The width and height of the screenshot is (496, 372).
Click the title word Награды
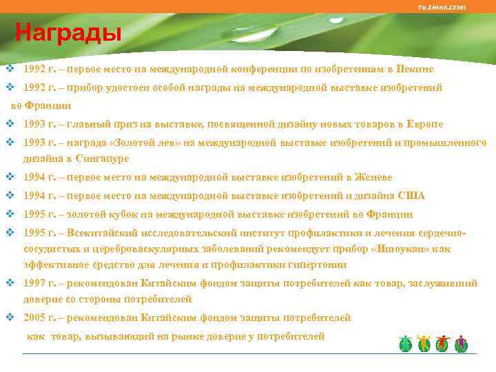[x=68, y=32]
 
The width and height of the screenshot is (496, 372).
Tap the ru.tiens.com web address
[x=442, y=7]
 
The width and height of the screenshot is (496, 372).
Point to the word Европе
[x=426, y=124]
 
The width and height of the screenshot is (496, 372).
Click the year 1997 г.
[x=38, y=283]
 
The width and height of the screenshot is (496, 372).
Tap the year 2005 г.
[x=38, y=318]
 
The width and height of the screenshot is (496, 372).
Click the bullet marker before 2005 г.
[x=10, y=318]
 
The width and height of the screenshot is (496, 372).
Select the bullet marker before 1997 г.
[x=10, y=283]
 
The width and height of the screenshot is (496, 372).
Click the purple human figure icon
[x=461, y=344]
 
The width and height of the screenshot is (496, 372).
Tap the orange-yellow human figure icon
[x=424, y=344]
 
